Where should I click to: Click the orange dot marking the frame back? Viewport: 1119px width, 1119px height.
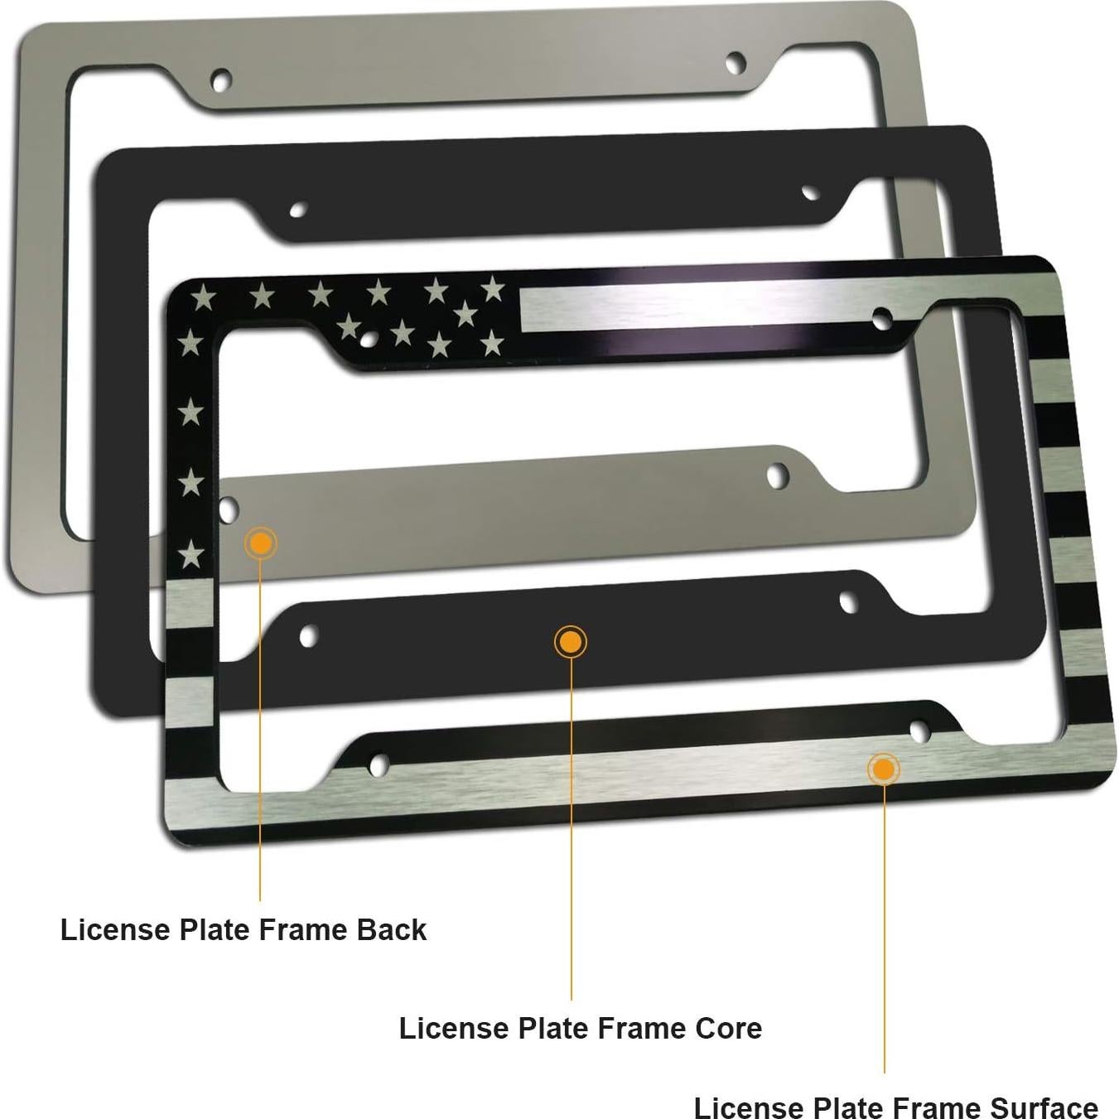tap(262, 543)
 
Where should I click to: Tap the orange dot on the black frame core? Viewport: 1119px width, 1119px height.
tap(570, 642)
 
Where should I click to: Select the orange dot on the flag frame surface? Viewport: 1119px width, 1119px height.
tap(884, 769)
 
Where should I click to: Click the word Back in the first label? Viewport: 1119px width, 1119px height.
tap(391, 930)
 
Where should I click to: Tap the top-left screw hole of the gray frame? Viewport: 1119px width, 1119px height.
tap(220, 80)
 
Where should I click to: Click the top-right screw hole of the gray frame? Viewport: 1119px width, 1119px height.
tap(735, 62)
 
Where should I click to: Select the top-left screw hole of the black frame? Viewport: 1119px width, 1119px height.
tap(297, 209)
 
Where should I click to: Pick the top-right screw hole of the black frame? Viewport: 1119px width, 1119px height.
tap(810, 193)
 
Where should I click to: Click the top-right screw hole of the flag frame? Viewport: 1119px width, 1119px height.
tap(883, 316)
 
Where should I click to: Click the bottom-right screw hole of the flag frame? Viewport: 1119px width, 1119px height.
tap(919, 731)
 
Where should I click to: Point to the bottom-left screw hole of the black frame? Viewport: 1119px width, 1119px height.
tap(307, 636)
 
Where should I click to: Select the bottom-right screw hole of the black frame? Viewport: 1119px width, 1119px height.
tap(848, 601)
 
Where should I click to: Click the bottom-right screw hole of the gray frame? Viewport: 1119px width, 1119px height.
tap(778, 475)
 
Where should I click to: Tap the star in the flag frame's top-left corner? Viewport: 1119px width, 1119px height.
tap(202, 296)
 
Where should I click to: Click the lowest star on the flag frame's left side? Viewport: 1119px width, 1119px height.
tap(192, 552)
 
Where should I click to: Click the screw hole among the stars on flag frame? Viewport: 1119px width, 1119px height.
tap(369, 338)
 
